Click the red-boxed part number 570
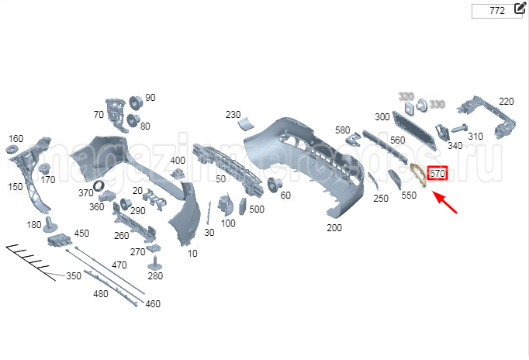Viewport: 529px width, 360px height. tap(437, 174)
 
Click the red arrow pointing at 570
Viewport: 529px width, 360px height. tap(446, 202)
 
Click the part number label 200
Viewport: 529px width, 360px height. tap(334, 228)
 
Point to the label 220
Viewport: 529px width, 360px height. tap(507, 102)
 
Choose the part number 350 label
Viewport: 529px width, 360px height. tap(74, 275)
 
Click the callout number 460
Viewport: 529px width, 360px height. tap(153, 303)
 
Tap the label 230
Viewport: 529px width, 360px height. tap(233, 115)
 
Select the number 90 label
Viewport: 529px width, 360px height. tap(150, 98)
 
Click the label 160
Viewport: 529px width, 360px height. tap(16, 139)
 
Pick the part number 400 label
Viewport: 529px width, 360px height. tap(178, 161)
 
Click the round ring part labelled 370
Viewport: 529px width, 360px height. tap(99, 186)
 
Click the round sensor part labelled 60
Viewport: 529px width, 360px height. tap(273, 184)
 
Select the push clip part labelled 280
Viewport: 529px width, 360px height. tap(156, 261)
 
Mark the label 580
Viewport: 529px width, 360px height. tap(343, 130)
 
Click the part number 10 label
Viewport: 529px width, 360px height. tap(193, 254)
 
